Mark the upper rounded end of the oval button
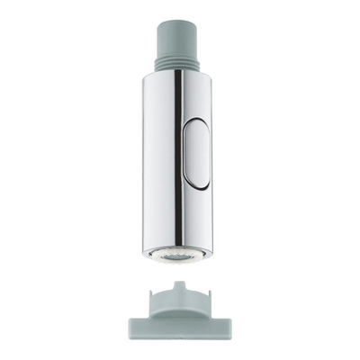coord(193,128)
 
